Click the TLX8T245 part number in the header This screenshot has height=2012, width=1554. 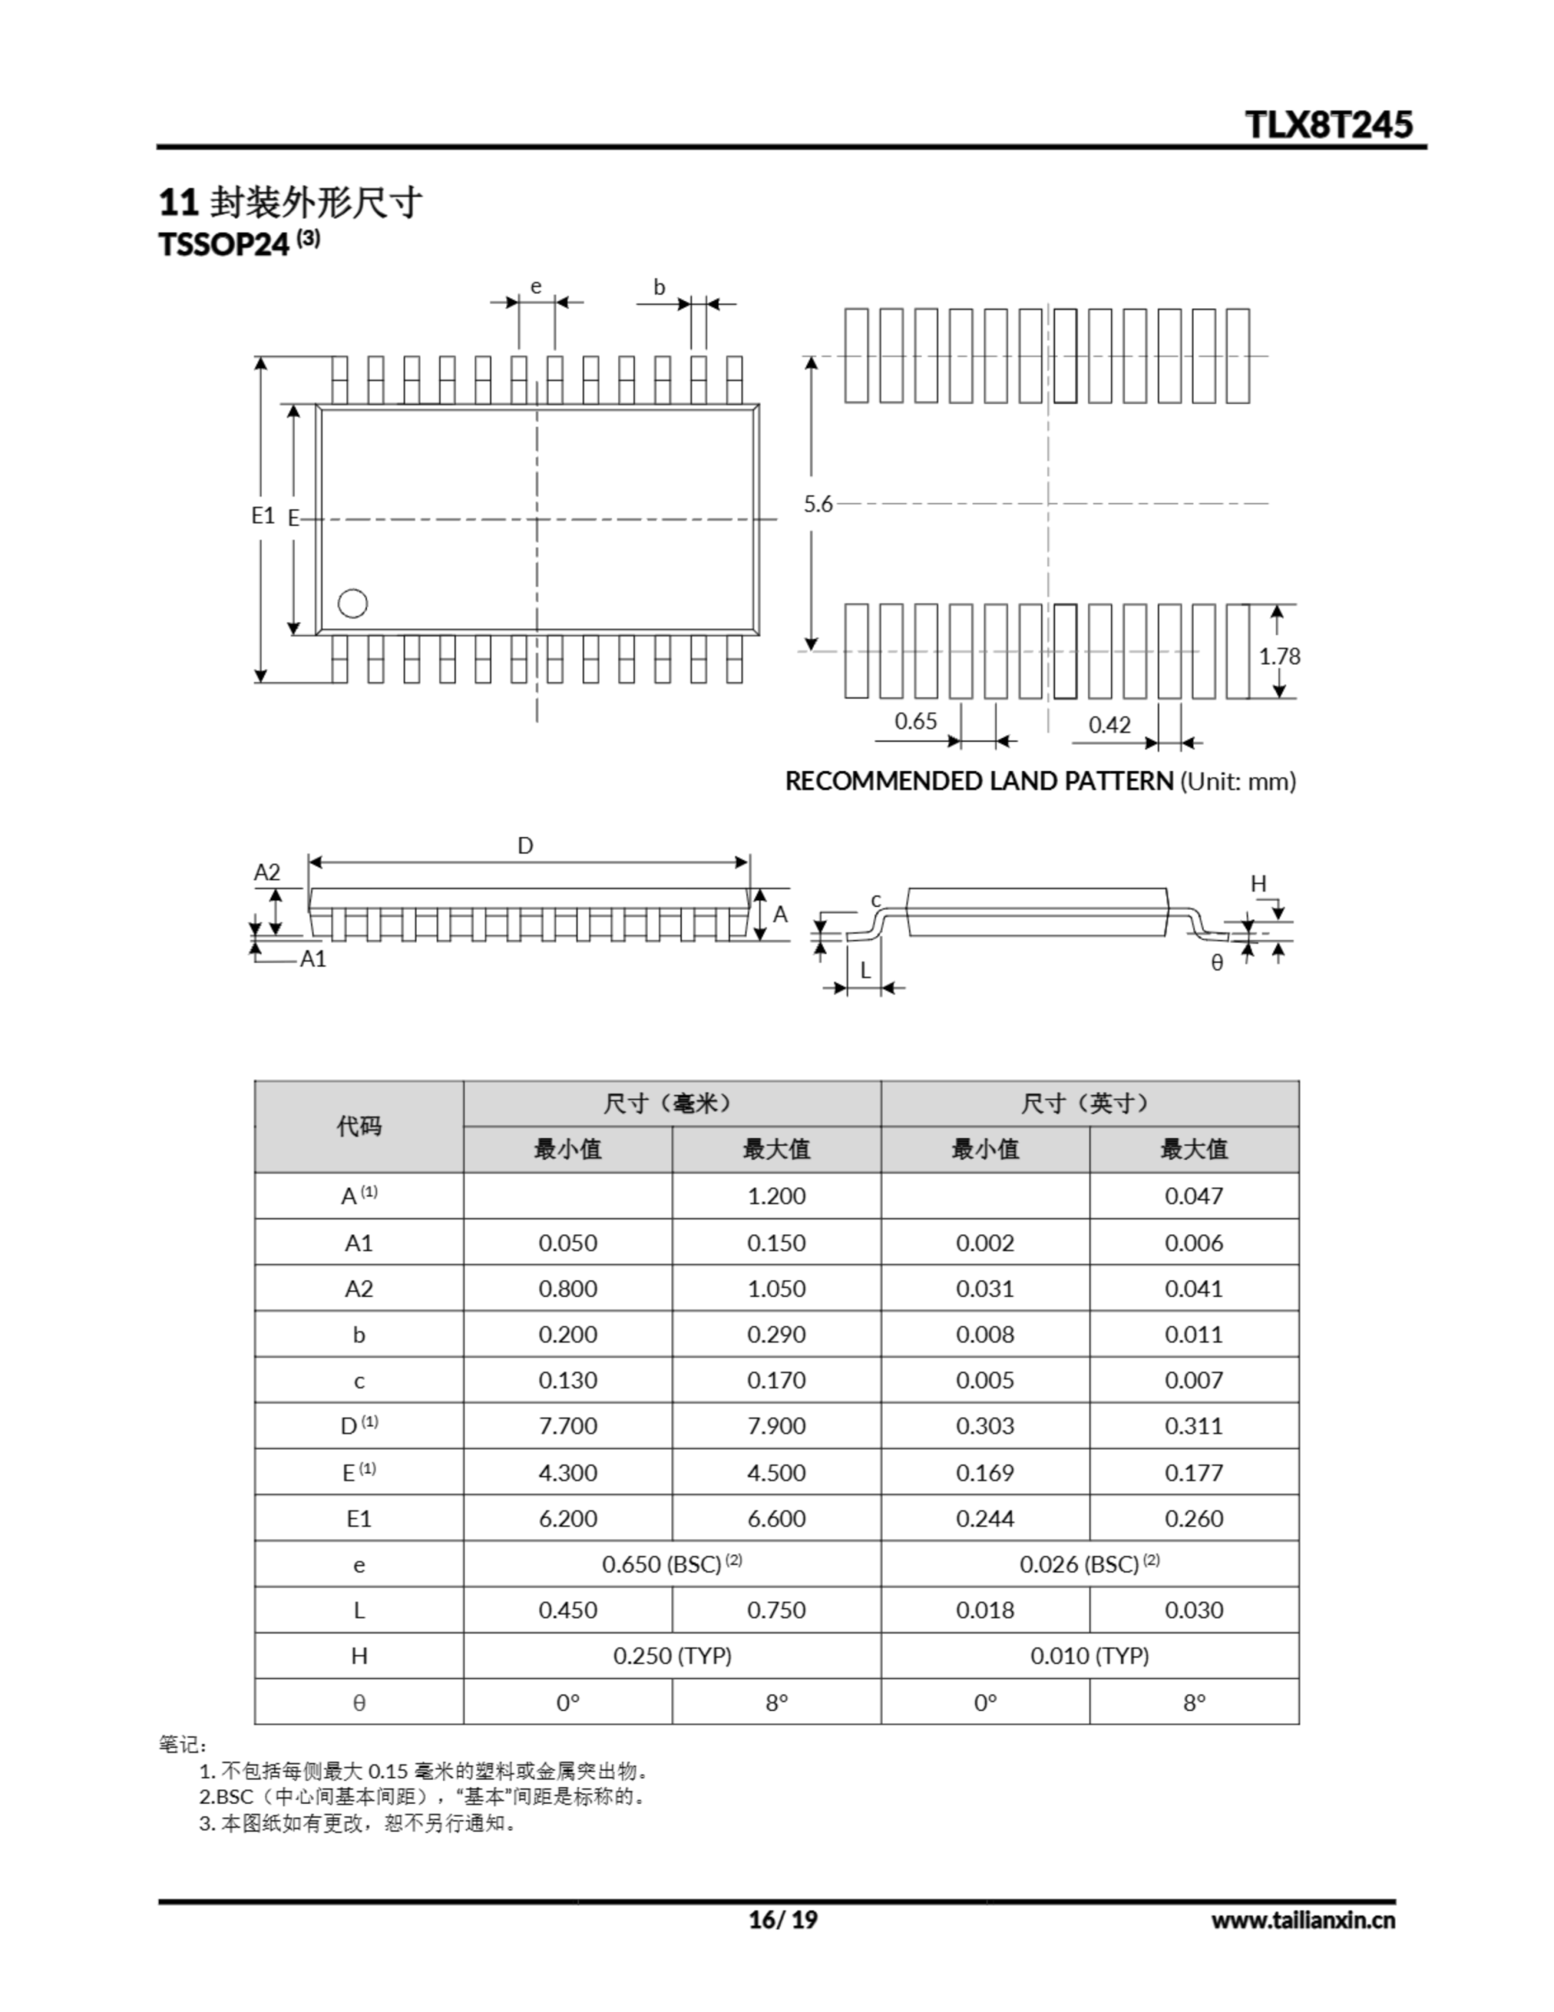1328,124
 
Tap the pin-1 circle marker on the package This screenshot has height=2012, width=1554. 353,604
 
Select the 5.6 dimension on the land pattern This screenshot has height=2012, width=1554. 818,504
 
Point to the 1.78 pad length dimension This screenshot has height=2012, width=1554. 1280,656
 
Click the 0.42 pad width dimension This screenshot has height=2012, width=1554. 1109,725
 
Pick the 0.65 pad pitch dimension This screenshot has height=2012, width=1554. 915,721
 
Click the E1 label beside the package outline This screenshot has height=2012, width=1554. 263,515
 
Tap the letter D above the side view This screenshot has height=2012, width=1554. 525,846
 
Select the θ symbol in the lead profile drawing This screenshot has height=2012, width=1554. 1217,963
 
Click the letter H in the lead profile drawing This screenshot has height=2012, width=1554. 1259,883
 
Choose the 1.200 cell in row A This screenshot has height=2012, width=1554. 775,1195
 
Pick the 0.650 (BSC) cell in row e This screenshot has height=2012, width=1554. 672,1563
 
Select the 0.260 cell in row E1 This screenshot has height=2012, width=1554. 1194,1518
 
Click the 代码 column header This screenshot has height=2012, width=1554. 358,1125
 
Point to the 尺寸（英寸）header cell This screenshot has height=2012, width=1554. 1089,1103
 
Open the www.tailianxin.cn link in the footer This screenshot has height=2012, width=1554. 1303,1919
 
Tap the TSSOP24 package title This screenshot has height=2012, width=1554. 225,244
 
